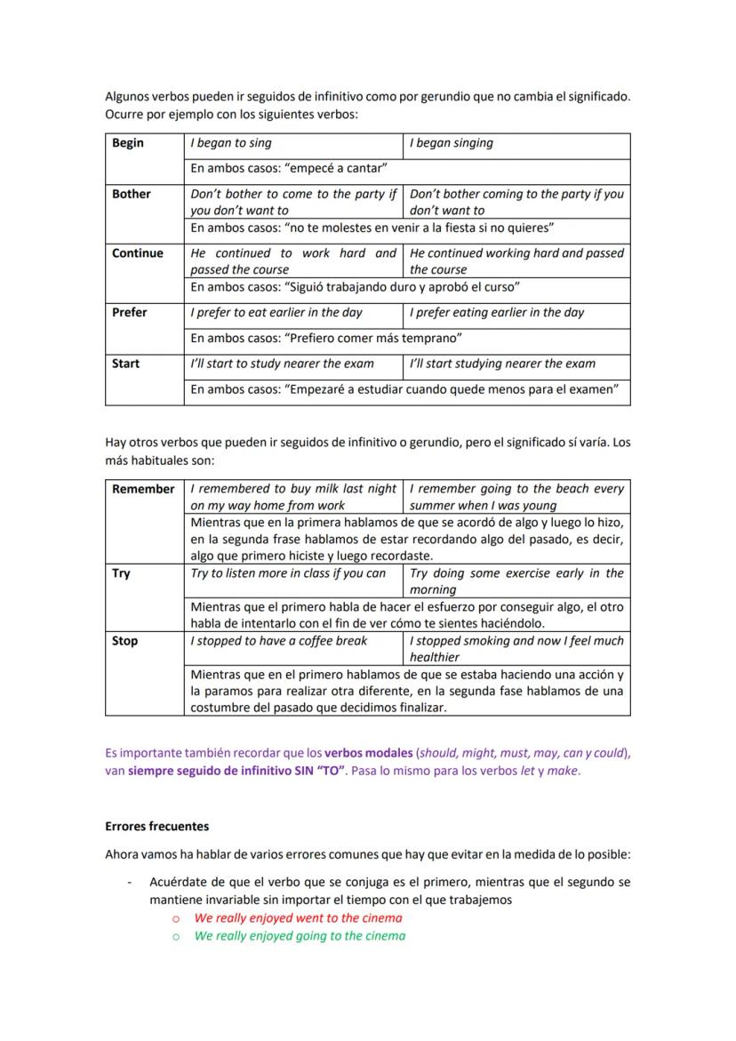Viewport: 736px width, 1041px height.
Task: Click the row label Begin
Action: (x=128, y=143)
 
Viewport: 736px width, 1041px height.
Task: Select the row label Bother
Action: (x=132, y=194)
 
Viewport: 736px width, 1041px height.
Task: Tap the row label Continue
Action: (x=138, y=253)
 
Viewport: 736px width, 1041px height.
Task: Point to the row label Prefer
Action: (x=130, y=312)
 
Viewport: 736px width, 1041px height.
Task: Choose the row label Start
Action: (x=126, y=363)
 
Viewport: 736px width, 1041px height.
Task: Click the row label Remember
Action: (x=143, y=489)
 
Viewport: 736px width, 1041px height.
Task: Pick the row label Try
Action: (x=121, y=573)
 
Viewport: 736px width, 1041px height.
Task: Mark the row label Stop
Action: (x=124, y=641)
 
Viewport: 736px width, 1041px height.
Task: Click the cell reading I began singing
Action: (x=452, y=143)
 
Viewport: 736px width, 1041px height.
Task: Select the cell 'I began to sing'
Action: (x=231, y=143)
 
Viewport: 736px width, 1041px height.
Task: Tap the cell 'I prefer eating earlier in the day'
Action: (x=497, y=312)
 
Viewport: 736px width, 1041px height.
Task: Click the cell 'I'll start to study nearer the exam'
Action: (x=283, y=363)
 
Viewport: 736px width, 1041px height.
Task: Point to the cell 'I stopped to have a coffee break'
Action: (x=279, y=641)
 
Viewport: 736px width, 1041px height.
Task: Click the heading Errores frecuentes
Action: (x=157, y=826)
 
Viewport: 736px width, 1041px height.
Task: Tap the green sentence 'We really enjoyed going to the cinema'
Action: (x=300, y=936)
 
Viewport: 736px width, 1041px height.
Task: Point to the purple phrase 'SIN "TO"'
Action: (x=319, y=772)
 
